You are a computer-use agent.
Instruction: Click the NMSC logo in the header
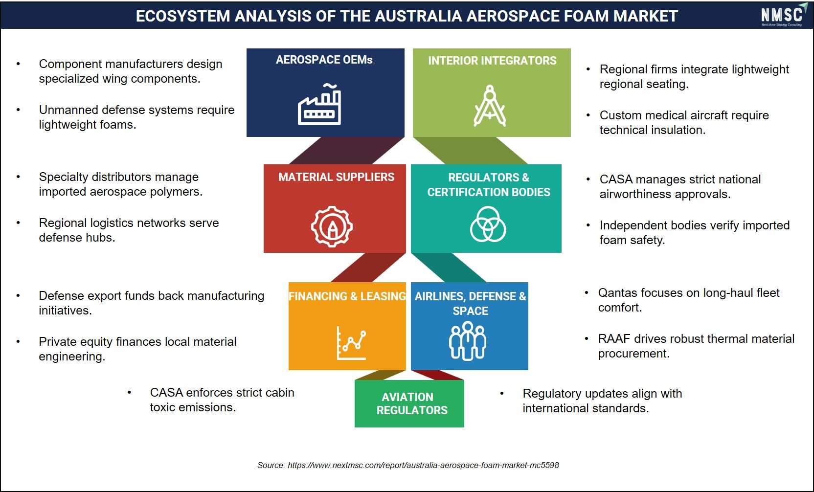coord(784,15)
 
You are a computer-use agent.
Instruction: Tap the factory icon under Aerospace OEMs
coord(319,104)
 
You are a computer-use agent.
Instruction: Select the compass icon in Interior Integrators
coord(490,105)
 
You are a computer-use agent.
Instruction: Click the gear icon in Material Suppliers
coord(331,226)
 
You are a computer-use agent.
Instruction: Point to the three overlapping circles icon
coord(488,224)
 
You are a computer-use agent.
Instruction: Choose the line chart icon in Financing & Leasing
coord(351,343)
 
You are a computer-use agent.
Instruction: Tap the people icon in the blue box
coord(467,341)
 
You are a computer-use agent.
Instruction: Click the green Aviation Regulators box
coord(409,403)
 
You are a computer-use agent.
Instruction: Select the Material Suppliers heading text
coord(336,177)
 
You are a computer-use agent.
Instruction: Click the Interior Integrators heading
coord(492,60)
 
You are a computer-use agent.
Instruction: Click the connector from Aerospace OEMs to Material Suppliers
coord(347,151)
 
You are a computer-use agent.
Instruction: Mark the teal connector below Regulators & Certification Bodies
coord(449,268)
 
